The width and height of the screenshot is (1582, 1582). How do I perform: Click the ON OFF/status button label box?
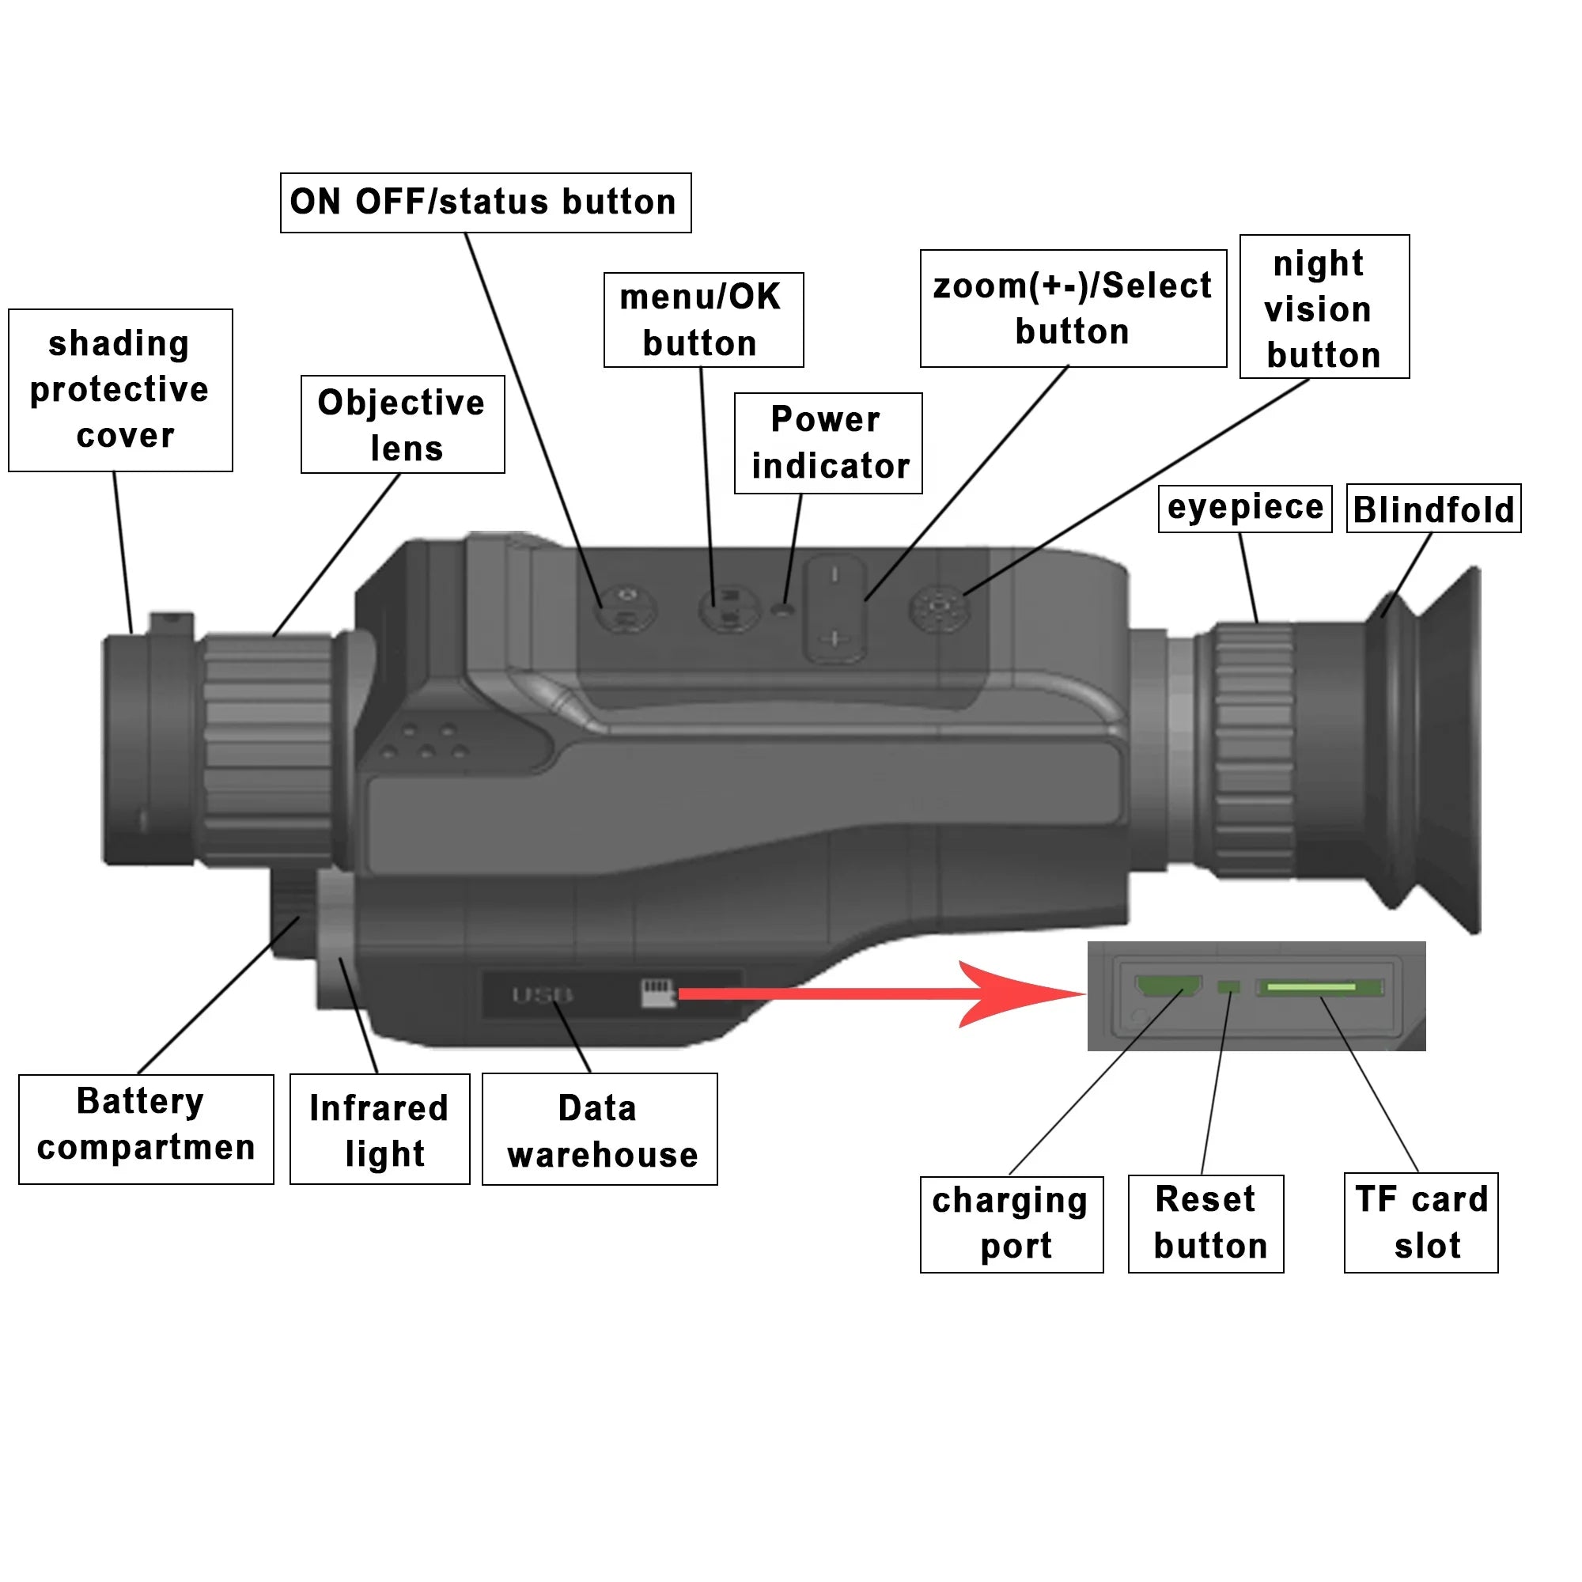(486, 202)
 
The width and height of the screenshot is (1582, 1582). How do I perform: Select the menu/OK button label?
(702, 320)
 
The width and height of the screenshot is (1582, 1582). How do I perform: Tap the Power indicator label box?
(828, 443)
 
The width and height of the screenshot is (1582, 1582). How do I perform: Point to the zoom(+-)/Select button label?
(1073, 308)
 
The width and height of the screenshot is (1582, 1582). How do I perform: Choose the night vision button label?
(1323, 307)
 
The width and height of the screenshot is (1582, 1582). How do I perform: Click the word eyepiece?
(1244, 508)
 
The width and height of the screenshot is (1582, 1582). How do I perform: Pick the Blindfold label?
(1433, 509)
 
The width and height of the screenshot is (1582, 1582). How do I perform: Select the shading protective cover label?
(120, 390)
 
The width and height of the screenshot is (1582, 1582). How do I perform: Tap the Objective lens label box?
(402, 424)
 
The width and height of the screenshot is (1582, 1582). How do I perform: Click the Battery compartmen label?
(146, 1129)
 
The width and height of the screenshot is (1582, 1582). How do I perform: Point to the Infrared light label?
(380, 1130)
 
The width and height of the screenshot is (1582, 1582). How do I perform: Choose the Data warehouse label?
(600, 1130)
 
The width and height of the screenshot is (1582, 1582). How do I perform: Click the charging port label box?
(1010, 1224)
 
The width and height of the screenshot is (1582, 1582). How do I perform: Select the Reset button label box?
(1205, 1224)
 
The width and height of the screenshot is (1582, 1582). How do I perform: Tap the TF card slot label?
(1421, 1222)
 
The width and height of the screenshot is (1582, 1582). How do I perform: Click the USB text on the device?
(541, 995)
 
